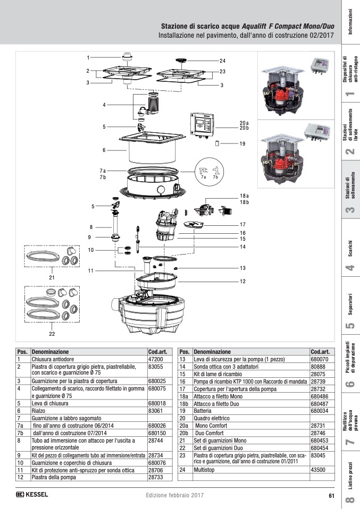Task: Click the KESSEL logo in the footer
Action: (32, 495)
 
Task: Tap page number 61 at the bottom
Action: (331, 496)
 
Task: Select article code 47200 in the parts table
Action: (155, 360)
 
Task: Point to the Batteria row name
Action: (204, 411)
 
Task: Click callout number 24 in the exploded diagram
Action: (222, 60)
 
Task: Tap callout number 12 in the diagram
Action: (242, 281)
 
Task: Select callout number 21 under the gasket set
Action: (52, 277)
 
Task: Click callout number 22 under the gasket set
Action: (52, 334)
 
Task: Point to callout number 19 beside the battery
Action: (242, 144)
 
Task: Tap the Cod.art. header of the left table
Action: (158, 352)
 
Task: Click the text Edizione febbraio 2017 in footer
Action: (174, 495)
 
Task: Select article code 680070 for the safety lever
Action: (319, 360)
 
